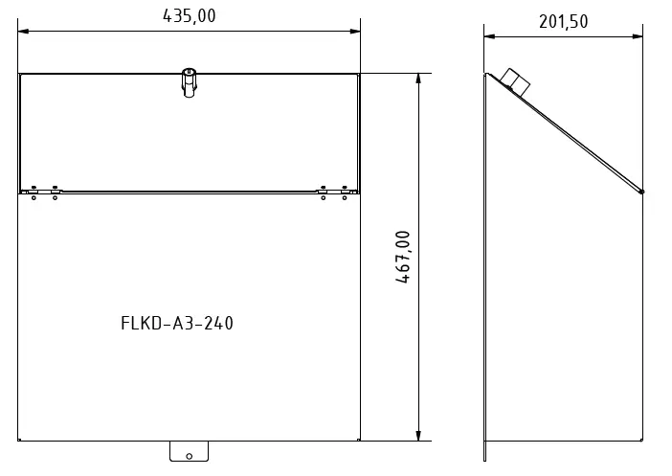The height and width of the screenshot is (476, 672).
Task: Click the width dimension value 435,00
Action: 189,15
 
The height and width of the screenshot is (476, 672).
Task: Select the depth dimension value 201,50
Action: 563,22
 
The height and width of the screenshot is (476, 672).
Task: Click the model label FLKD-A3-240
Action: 177,323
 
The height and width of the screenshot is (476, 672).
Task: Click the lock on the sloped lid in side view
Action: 514,79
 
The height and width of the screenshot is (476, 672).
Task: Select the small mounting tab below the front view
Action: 189,451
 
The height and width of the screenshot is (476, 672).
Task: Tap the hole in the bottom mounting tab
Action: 189,456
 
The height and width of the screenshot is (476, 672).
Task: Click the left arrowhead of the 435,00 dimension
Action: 24,32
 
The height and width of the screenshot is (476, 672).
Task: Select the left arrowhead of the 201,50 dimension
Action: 488,37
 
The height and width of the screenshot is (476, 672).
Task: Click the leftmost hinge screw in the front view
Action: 34,192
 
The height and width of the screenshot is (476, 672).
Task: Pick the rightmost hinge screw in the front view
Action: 344,192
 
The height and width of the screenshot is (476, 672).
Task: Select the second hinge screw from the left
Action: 55,192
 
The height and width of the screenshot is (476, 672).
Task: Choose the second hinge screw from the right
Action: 324,192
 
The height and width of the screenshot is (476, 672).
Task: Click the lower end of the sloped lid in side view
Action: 641,192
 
